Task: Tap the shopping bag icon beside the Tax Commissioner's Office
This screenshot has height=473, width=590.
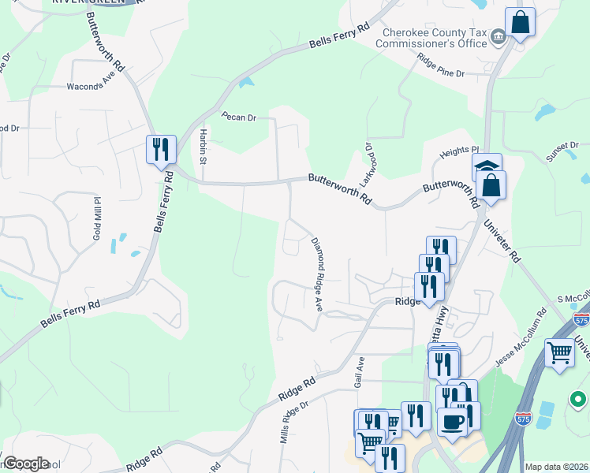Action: coord(521,24)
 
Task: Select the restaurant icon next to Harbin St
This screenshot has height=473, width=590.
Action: coord(160,148)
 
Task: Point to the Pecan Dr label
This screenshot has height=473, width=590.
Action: coord(239,117)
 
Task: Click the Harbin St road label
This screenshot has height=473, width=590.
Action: coord(203,146)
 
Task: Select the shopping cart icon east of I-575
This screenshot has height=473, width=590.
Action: coord(559,352)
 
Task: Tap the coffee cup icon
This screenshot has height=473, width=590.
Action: coord(452,421)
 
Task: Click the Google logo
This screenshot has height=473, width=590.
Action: coord(26,464)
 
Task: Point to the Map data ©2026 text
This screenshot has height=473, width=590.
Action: coord(556,467)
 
